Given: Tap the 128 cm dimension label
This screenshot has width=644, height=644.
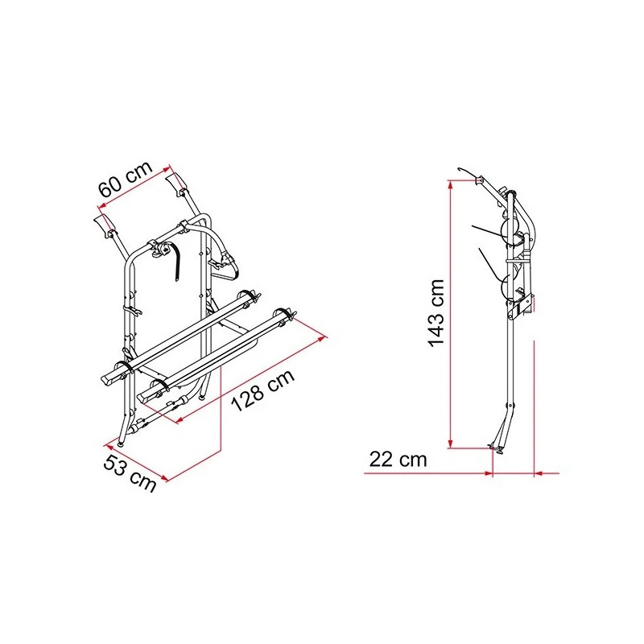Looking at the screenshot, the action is pos(263,390).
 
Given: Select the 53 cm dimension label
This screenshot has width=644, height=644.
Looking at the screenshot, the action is pos(130,473).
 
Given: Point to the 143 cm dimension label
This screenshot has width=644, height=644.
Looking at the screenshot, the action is pos(436,313).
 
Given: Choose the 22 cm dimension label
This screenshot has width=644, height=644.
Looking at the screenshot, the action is pos(398,459).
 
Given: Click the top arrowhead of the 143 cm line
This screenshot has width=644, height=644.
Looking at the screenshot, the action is pos(451,184).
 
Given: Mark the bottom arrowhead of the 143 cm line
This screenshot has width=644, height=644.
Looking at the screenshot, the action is pos(451,444).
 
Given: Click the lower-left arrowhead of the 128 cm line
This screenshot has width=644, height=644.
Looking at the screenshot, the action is pos(180,419).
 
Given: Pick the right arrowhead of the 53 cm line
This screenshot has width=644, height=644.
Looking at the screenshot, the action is pos(164,477).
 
